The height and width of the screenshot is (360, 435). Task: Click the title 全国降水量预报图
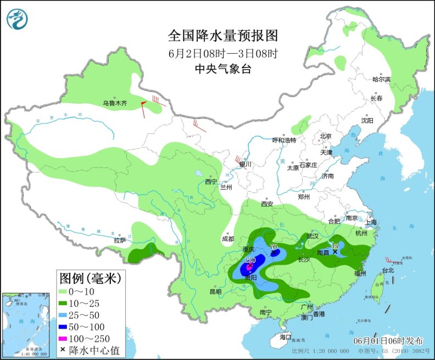pos(223,36)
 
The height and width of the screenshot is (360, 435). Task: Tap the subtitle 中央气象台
pos(223,69)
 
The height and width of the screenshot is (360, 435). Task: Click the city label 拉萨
pos(120,240)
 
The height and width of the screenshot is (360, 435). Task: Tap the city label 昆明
pos(215,291)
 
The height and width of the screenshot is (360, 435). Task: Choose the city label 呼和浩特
pos(285,140)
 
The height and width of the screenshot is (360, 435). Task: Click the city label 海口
pos(285,336)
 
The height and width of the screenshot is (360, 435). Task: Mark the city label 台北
pos(388,270)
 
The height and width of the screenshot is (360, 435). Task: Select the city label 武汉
pos(313,235)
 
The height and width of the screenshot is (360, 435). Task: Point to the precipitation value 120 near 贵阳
pos(250,260)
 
